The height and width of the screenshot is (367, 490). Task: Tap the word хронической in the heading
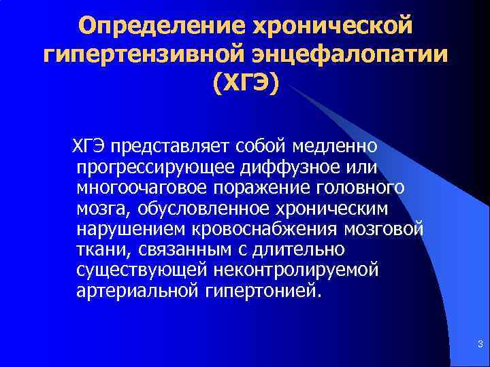332,27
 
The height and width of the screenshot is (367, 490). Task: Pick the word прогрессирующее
156,167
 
